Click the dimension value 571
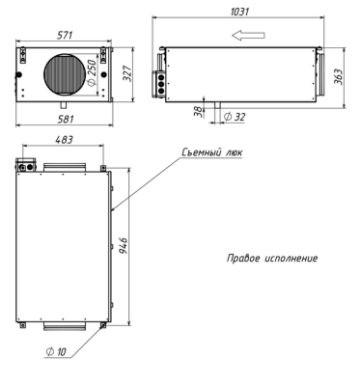click(x=66, y=35)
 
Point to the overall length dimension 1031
click(x=244, y=12)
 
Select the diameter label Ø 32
click(x=233, y=117)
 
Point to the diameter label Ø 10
click(x=57, y=352)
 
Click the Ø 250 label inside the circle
click(x=92, y=71)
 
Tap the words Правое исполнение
click(x=271, y=260)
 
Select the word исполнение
click(x=289, y=260)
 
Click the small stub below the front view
click(x=64, y=102)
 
